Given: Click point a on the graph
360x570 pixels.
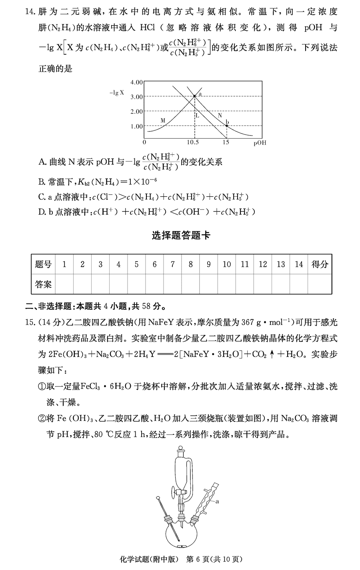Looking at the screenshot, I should (194, 96).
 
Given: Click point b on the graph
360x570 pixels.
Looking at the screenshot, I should (226, 126).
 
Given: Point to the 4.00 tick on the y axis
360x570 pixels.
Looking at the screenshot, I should (136, 82).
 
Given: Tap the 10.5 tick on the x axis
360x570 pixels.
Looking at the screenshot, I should (193, 142).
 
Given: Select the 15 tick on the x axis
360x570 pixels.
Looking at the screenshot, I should (226, 142).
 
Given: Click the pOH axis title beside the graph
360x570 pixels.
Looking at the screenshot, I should (260, 143).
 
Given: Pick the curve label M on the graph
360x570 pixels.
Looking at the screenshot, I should (163, 120).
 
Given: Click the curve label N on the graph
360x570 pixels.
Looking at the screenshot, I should (219, 115).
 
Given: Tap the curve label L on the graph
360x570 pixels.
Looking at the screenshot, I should (197, 116).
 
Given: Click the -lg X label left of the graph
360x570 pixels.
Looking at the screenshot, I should (117, 93).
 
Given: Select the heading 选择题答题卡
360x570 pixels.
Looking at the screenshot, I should (181, 235).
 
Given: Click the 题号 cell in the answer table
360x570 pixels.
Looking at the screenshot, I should (43, 264).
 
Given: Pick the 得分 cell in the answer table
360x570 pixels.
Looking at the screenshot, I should (320, 264).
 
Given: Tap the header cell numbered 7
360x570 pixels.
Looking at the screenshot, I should (172, 264).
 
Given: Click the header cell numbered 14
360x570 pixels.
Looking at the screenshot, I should (299, 264).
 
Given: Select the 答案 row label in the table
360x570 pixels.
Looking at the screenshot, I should (43, 285).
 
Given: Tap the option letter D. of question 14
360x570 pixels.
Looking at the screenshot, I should (42, 212).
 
